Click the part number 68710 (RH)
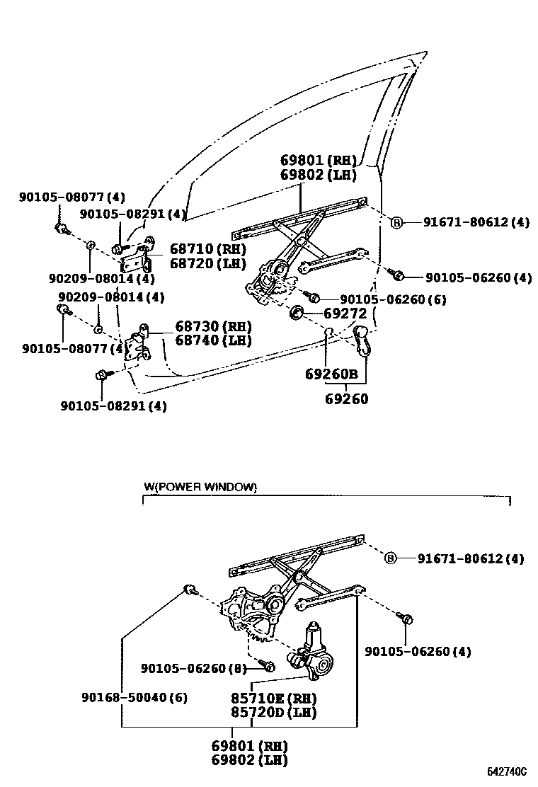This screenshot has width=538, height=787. (207, 250)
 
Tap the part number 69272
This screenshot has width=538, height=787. (345, 312)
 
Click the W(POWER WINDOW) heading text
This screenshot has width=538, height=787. (200, 487)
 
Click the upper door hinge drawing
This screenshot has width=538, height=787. (137, 255)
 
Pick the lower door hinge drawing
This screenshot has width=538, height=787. (137, 344)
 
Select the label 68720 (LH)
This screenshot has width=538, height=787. (207, 264)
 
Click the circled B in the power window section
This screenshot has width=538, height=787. (390, 559)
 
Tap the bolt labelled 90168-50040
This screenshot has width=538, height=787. (189, 590)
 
